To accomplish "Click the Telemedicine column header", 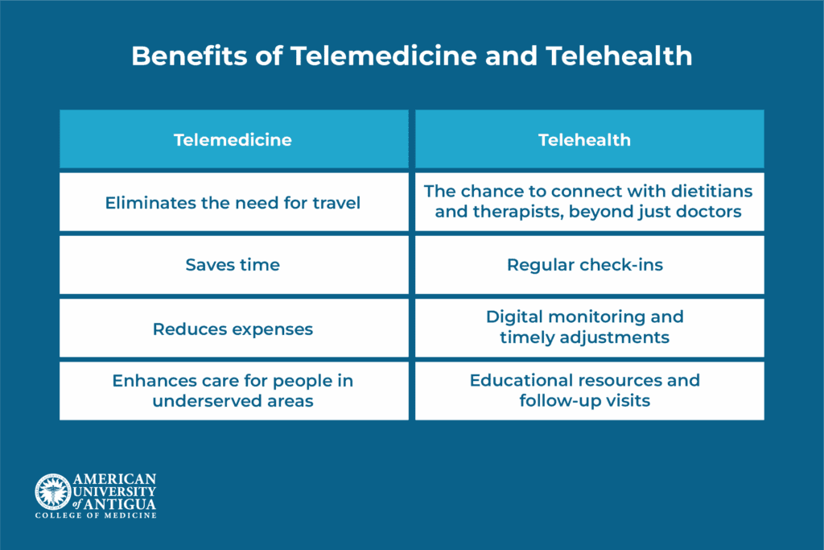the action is click(234, 139).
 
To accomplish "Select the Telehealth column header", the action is click(590, 139).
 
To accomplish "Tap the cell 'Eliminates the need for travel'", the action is click(234, 202).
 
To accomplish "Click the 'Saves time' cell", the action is click(234, 264).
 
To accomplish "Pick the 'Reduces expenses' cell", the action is click(234, 329).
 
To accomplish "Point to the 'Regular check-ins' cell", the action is click(590, 264).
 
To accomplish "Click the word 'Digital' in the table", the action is click(514, 316).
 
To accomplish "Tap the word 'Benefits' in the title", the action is click(189, 56).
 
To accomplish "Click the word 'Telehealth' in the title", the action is click(619, 56).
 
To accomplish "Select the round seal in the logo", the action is click(53, 492).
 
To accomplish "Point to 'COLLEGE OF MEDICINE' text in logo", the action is click(96, 516).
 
